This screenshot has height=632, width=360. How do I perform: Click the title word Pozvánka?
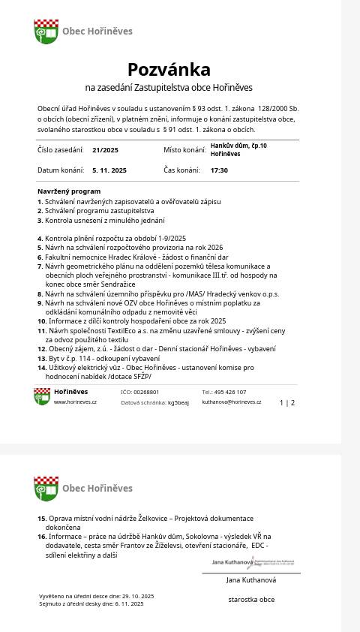[x=169, y=70]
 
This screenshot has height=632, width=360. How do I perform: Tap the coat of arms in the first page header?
[x=46, y=32]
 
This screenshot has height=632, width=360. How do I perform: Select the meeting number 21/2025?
[x=105, y=150]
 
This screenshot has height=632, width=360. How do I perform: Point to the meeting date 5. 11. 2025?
[x=109, y=170]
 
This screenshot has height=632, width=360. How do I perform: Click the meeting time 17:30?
[x=219, y=170]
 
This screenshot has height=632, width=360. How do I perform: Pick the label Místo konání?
[x=184, y=150]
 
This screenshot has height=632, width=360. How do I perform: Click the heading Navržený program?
[x=69, y=191]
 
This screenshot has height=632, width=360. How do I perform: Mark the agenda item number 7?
[x=40, y=266]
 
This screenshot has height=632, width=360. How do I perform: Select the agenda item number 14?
[x=42, y=368]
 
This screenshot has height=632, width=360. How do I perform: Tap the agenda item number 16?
[x=42, y=537]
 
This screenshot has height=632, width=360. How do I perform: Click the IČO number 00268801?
[x=146, y=392]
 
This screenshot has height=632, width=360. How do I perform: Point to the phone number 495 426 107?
[x=229, y=392]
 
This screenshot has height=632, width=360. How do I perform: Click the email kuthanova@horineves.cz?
[x=232, y=402]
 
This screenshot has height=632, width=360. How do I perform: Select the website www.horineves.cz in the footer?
[x=75, y=402]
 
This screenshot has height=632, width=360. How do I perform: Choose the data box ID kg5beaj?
[x=178, y=403]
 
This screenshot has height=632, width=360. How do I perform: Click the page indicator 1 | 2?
[x=287, y=403]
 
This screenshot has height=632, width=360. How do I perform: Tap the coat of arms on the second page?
[x=46, y=488]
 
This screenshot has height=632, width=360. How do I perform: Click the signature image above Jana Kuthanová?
[x=253, y=562]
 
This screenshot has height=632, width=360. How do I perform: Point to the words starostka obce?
[x=251, y=600]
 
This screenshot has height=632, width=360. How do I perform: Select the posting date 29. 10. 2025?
[x=135, y=596]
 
